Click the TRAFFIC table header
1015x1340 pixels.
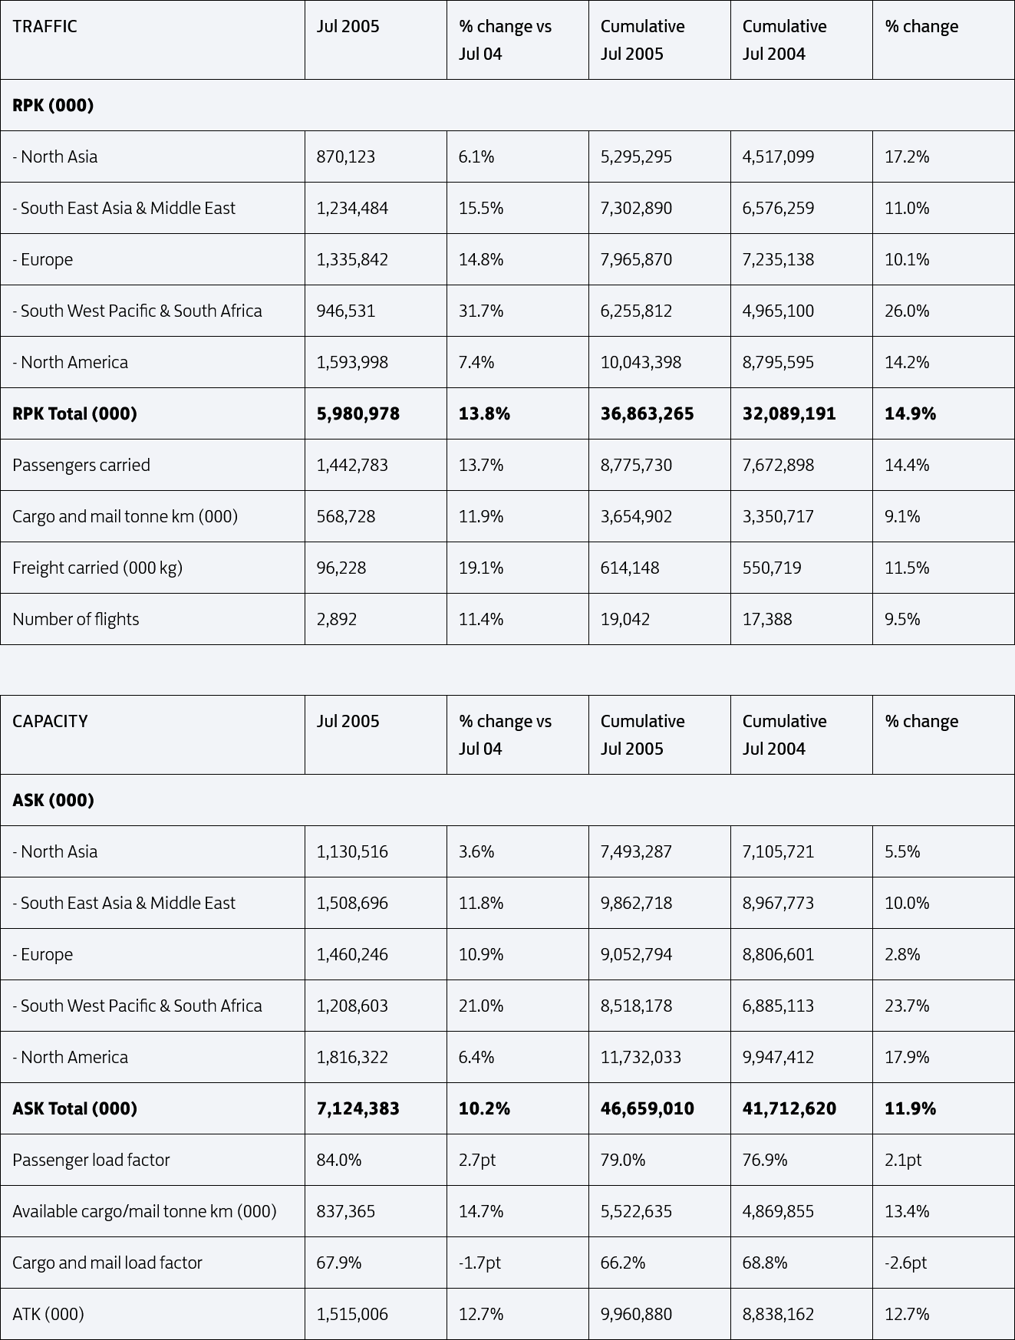44,27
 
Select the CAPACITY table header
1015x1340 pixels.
50,722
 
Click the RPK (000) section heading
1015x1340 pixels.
53,105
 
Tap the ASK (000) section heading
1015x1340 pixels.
53,800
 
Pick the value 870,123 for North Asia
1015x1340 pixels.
346,157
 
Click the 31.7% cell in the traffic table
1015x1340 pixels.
481,311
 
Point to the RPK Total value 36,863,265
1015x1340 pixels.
647,414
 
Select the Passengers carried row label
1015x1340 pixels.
81,466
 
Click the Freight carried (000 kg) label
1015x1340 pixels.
97,568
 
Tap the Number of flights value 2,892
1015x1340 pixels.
337,620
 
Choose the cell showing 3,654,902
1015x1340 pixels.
636,517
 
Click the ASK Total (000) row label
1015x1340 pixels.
74,1108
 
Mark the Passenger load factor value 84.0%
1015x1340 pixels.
339,1160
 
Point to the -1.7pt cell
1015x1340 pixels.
479,1263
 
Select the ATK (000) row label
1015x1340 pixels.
48,1314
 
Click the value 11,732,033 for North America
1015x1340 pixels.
641,1057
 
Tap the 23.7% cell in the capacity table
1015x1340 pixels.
907,1006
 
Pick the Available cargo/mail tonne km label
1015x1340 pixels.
144,1211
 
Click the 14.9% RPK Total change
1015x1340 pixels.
910,414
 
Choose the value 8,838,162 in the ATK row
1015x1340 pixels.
778,1314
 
